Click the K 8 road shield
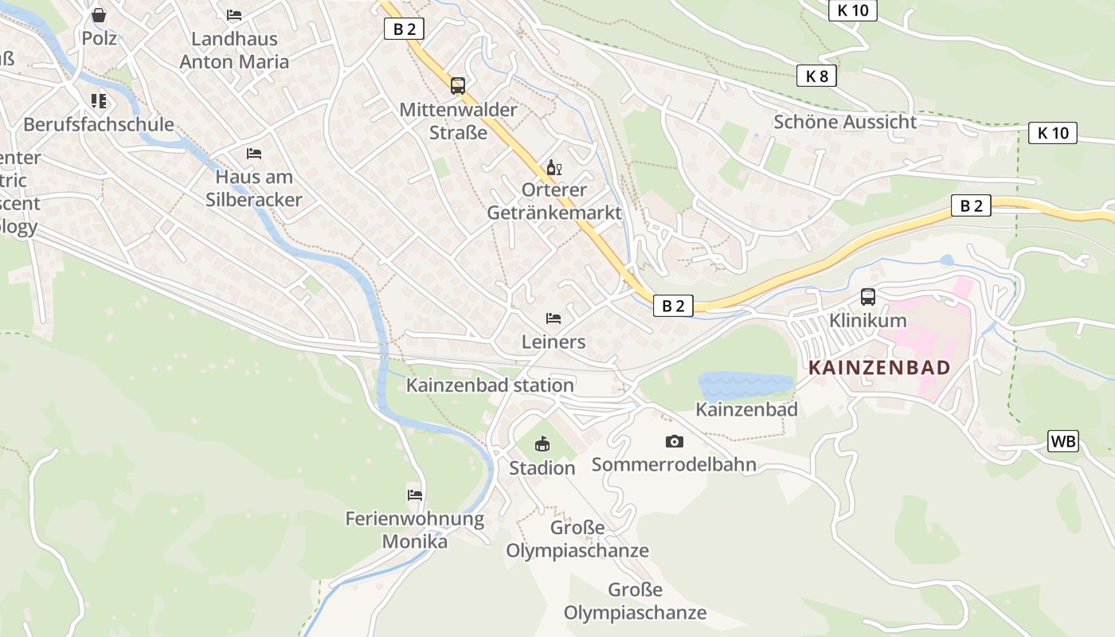[x=816, y=76]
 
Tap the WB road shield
[x=1063, y=441]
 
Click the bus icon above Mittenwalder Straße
[x=458, y=86]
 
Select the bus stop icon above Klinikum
[x=868, y=297]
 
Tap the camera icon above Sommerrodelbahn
[x=675, y=441]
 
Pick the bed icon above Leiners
[x=554, y=318]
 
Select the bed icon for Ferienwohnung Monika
[x=415, y=494]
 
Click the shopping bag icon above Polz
[x=99, y=15]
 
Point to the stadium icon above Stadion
[x=542, y=444]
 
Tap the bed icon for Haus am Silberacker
[x=254, y=153]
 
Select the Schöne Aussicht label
[x=845, y=122]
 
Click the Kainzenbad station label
[x=490, y=385]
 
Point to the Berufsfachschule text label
[x=99, y=124]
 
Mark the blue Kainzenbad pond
[x=745, y=386]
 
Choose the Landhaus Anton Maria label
[x=234, y=50]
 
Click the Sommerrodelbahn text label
[x=674, y=465]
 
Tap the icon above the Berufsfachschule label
[x=99, y=100]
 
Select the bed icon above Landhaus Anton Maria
[x=234, y=14]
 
